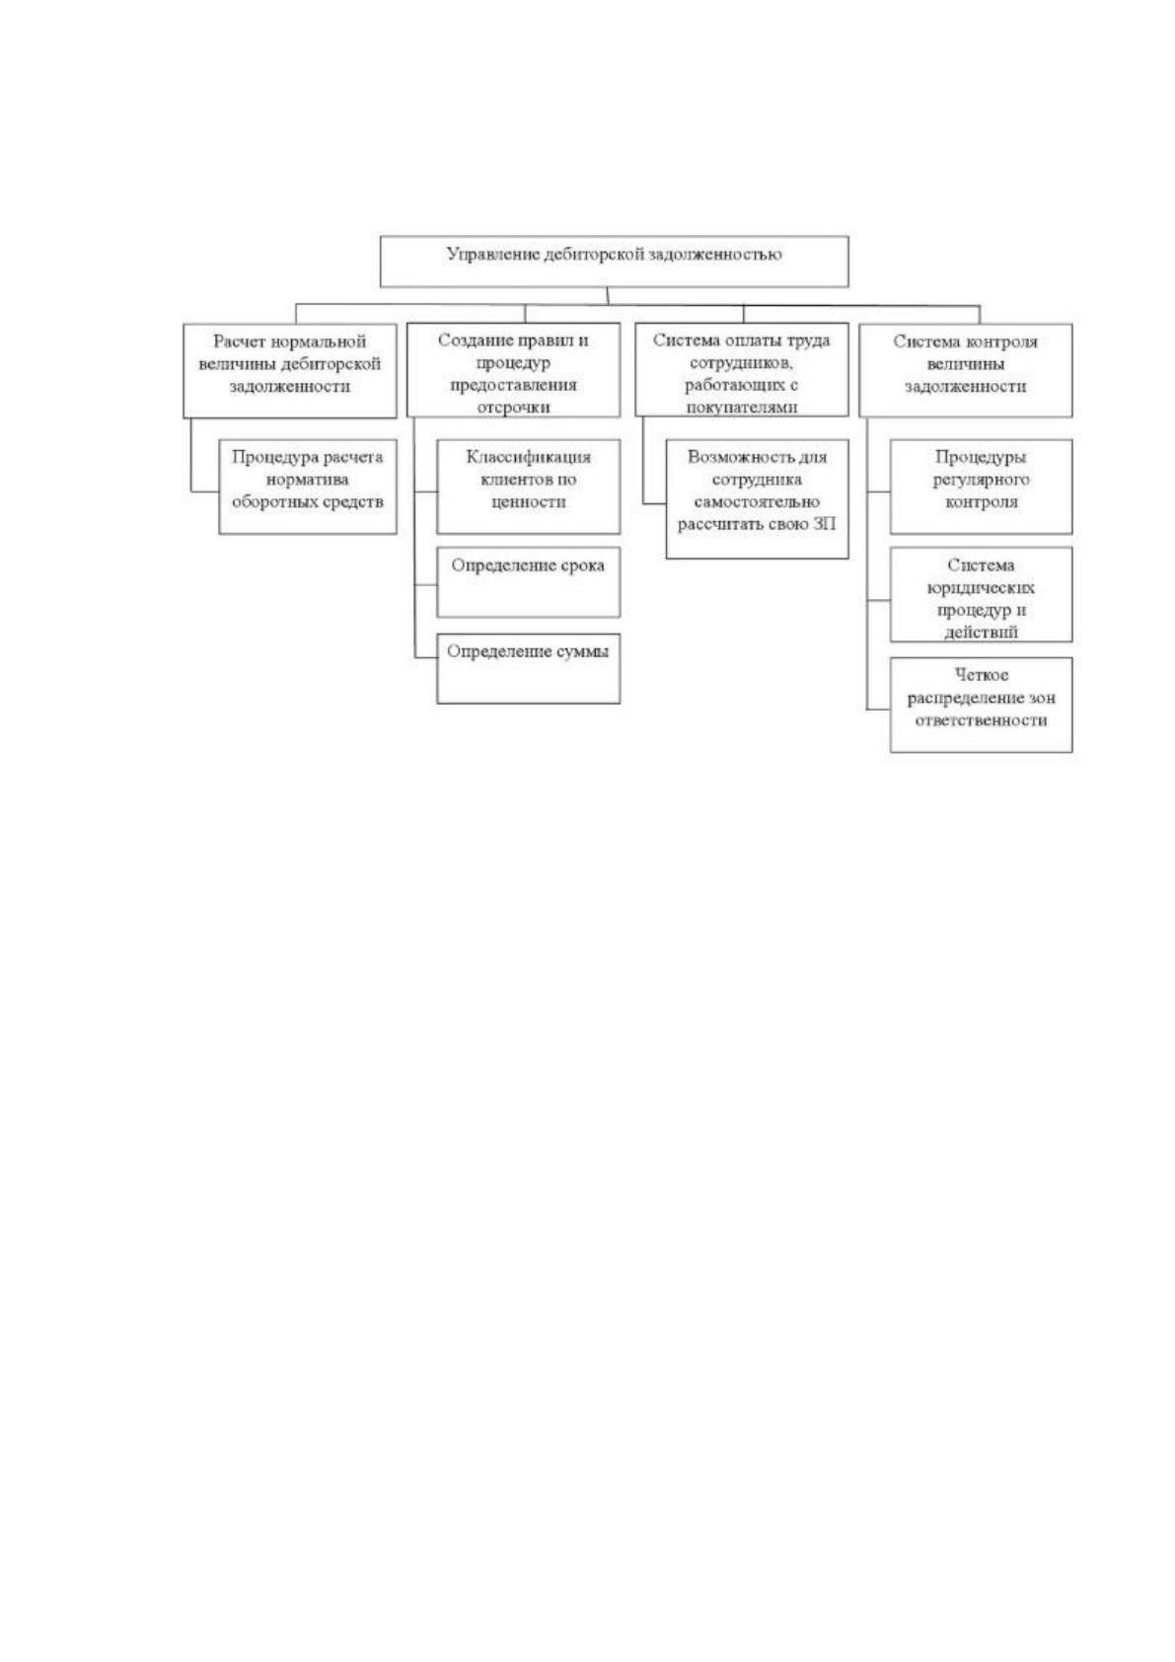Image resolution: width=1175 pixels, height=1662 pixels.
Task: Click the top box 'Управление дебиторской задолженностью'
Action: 614,262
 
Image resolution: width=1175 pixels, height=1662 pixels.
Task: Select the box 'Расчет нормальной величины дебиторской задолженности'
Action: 289,370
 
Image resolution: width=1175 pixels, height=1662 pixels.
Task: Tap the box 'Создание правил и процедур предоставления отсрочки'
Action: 513,369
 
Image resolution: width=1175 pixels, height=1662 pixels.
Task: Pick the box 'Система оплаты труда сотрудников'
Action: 742,369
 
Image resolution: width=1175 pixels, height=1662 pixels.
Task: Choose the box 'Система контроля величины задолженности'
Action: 965,369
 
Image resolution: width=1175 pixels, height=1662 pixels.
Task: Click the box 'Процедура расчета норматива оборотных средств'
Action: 308,487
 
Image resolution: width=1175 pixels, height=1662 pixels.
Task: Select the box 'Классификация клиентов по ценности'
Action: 528,487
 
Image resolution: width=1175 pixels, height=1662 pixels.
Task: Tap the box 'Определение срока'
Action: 528,582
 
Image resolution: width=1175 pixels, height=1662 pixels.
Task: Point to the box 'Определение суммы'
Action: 528,668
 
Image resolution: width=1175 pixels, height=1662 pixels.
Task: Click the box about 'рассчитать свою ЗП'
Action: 758,498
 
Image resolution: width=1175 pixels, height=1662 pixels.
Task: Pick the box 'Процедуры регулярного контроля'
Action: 982,487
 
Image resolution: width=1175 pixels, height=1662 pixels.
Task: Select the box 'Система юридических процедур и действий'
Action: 982,594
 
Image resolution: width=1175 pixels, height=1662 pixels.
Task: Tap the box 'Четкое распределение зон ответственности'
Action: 982,705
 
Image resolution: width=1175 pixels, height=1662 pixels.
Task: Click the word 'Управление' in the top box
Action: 493,255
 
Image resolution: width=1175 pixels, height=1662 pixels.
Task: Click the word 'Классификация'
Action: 528,457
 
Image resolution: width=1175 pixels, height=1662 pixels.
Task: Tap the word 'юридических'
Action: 981,588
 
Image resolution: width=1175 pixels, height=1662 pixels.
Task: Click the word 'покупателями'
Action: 742,408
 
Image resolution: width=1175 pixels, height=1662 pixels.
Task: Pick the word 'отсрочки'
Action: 513,408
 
